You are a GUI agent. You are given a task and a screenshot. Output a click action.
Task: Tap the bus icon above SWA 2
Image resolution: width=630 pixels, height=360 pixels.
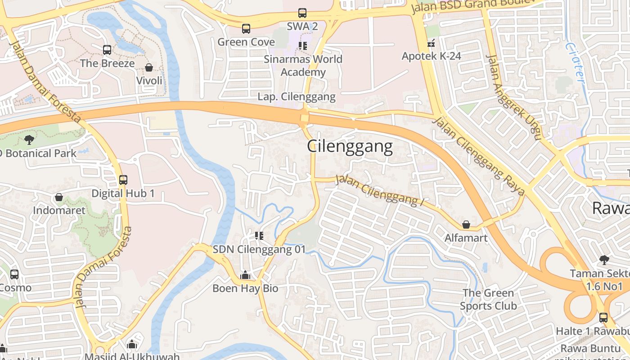302,13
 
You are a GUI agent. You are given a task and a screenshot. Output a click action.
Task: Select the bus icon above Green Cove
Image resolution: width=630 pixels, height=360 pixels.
246,29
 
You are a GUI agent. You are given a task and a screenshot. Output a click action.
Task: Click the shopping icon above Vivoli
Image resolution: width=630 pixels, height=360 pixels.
149,67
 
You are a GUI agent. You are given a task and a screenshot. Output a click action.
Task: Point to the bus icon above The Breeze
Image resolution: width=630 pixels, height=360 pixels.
107,50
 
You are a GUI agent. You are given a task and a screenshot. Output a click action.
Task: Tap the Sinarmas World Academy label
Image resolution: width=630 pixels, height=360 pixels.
303,66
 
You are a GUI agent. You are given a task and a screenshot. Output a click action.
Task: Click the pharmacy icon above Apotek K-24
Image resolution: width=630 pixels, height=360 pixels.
431,44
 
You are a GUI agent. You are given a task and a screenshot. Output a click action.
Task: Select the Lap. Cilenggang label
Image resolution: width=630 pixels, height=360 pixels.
297,97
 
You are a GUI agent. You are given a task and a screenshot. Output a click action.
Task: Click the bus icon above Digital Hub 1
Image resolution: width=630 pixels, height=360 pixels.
123,180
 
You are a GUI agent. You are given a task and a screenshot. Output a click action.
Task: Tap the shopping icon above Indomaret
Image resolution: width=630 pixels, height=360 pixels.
59,197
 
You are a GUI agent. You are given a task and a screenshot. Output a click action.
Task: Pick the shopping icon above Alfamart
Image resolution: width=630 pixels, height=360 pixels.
467,225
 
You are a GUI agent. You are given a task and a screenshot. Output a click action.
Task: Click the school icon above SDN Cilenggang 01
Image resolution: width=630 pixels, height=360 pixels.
259,235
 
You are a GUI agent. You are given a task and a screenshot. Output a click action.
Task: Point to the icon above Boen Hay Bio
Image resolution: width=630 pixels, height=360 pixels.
245,274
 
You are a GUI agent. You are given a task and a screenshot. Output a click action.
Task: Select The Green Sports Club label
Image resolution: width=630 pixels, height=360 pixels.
488,300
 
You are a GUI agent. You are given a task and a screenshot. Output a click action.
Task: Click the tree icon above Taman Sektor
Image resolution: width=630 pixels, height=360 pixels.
603,260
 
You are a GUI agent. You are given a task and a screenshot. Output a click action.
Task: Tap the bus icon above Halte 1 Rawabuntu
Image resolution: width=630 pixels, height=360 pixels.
603,317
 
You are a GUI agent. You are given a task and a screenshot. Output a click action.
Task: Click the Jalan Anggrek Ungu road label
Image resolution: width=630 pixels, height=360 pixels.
513,97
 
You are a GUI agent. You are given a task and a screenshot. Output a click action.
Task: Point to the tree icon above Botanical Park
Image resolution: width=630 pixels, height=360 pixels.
29,139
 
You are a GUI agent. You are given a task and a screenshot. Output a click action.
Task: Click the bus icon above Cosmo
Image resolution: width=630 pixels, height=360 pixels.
14,274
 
